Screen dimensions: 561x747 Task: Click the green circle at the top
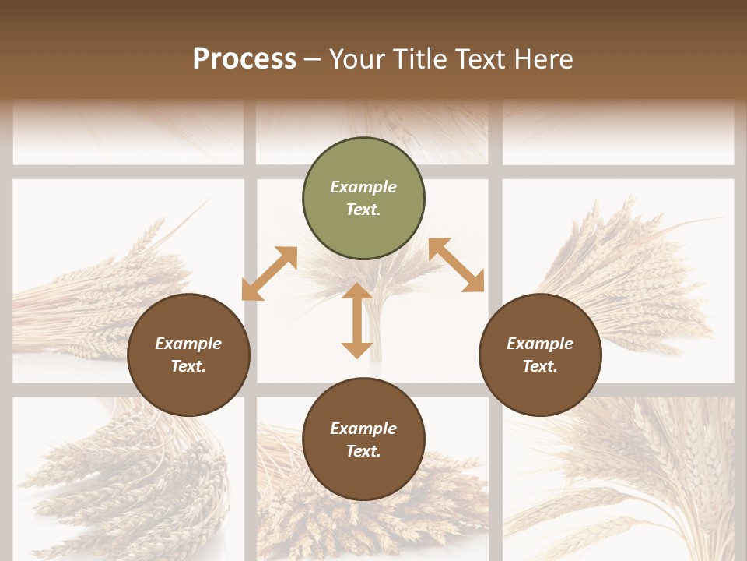363,199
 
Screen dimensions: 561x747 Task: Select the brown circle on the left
188,355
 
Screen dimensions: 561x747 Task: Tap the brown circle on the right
540,355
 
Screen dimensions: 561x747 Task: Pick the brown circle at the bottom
363,439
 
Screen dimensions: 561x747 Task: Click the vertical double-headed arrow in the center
357,320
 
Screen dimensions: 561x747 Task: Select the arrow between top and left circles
270,273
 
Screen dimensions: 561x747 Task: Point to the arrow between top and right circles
456,265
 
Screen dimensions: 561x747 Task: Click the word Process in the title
244,58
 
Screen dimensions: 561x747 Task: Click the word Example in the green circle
363,187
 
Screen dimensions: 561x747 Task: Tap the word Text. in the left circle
188,366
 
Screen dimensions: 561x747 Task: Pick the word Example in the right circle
540,344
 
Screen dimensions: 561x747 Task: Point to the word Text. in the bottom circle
363,451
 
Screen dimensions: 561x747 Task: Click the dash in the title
313,60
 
